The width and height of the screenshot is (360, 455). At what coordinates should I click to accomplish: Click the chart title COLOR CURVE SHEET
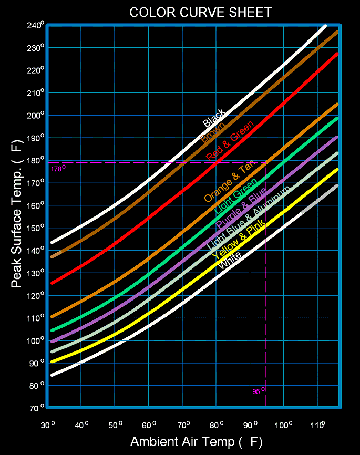point(201,12)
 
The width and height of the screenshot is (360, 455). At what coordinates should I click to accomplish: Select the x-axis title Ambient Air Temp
point(196,441)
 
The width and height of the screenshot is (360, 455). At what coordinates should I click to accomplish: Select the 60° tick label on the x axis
point(149,425)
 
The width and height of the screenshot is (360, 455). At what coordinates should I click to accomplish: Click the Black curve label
point(214,118)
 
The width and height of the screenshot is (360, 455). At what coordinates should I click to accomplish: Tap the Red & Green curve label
point(230,140)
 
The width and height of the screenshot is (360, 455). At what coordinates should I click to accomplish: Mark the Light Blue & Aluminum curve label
point(249,221)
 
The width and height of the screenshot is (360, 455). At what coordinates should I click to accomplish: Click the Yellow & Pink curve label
point(239,240)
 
